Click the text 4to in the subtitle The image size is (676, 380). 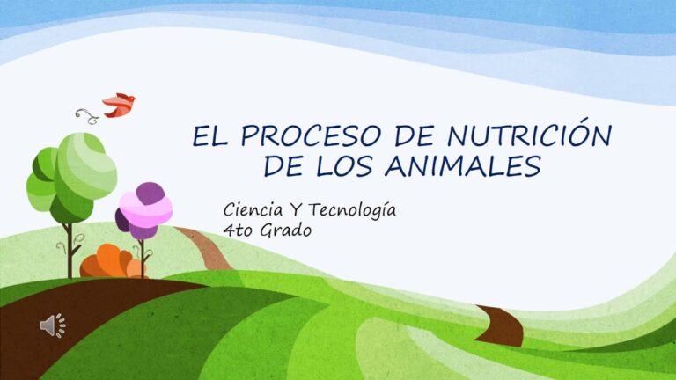point(239,230)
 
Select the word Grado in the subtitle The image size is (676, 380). point(288,230)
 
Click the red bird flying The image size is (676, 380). point(118,105)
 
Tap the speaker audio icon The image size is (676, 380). point(52,325)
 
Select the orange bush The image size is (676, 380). point(110,262)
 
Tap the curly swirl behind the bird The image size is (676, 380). point(86,114)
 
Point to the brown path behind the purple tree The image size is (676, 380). point(208,247)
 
